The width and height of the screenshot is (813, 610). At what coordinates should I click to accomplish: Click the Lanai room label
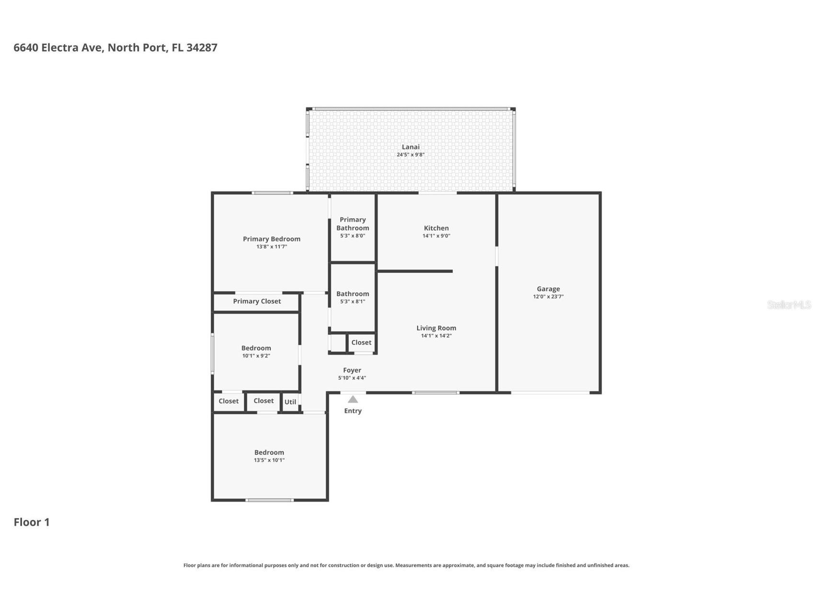[411, 147]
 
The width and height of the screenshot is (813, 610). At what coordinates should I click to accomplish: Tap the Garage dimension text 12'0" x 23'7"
[548, 297]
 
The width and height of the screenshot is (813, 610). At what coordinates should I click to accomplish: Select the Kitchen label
[436, 228]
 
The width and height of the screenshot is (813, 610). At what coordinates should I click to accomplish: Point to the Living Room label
[436, 328]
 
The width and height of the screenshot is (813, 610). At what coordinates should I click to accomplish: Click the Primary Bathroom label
[353, 224]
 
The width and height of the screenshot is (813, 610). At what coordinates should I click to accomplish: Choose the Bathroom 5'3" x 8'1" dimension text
[353, 302]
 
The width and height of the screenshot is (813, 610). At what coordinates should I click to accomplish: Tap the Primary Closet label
[257, 301]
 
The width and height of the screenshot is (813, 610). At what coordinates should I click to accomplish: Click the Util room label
[290, 402]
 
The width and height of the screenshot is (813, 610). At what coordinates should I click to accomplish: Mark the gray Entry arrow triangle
[353, 399]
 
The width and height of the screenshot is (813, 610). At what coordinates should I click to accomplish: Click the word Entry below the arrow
[353, 411]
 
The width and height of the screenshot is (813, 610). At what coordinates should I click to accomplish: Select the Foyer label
[352, 370]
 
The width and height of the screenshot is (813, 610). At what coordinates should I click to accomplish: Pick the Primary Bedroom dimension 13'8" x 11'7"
[271, 247]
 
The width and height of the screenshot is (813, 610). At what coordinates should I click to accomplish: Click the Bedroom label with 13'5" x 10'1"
[269, 452]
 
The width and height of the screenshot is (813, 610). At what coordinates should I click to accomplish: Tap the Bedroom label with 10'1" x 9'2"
[256, 348]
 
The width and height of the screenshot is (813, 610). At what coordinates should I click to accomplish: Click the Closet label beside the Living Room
[361, 342]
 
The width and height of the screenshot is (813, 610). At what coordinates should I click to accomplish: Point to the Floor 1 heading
[32, 522]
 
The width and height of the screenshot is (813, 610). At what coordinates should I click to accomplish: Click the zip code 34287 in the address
[202, 47]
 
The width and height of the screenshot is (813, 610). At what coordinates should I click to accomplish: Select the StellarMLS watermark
[789, 305]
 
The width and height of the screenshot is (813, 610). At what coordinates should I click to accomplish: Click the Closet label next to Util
[263, 401]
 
